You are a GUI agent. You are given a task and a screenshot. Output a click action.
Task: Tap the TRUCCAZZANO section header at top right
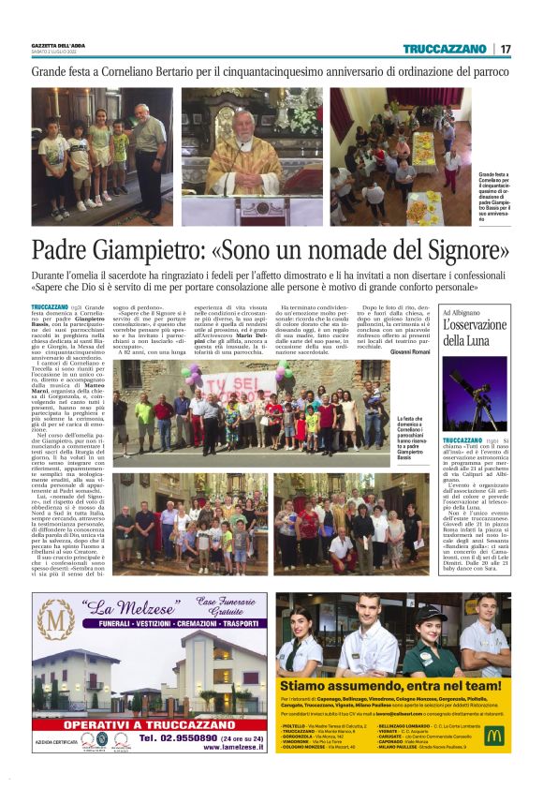(x=446, y=49)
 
